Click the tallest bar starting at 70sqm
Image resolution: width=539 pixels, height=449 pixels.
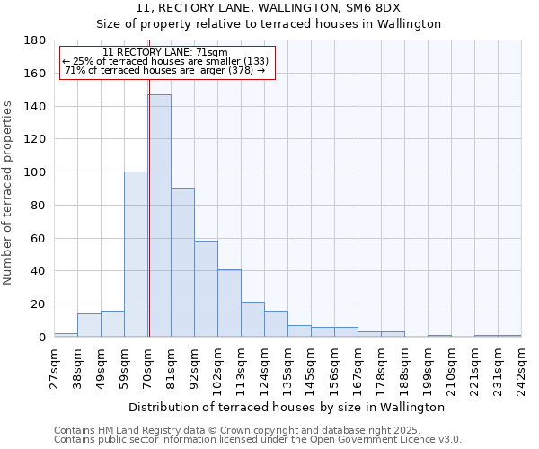(159, 216)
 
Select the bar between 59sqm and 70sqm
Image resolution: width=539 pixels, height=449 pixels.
(136, 254)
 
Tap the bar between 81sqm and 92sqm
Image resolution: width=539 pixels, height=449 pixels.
(182, 262)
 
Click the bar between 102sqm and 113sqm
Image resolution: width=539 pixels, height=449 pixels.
(229, 303)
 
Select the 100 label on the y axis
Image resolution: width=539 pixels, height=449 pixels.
(36, 172)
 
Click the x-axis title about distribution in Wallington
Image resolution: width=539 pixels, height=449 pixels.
(287, 407)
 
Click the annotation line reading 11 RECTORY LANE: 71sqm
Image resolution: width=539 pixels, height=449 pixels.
(165, 53)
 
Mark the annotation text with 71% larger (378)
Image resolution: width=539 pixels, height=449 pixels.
(165, 70)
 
